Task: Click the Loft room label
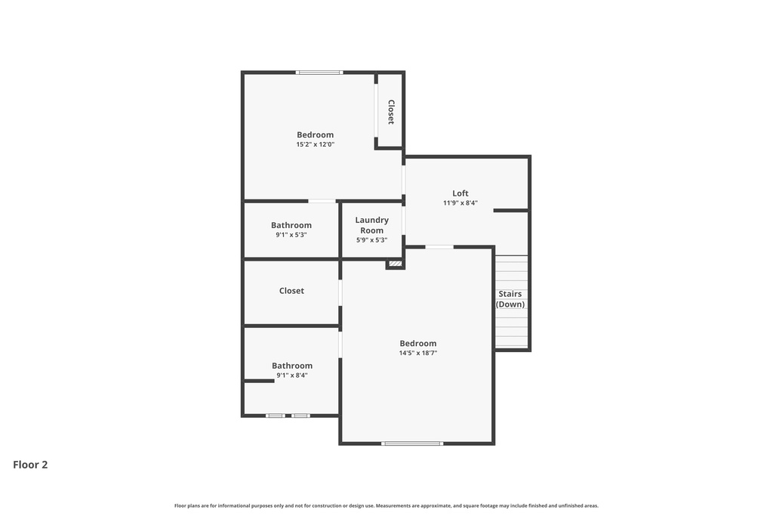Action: [460, 193]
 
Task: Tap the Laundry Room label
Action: [371, 225]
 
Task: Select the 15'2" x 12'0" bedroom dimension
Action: [315, 144]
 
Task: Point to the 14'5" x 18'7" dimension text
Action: [418, 353]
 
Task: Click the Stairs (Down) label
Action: [510, 299]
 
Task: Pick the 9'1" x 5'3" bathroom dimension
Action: [291, 235]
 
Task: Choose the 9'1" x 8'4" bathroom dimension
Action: [292, 375]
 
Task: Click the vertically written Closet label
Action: [391, 112]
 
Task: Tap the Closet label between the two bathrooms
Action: [291, 291]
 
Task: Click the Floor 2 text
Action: [30, 465]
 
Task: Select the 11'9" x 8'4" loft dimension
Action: [460, 202]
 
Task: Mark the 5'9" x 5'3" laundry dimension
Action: [371, 240]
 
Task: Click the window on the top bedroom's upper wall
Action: [319, 73]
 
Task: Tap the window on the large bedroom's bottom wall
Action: [411, 443]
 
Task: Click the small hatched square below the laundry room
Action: [395, 264]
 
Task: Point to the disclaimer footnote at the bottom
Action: [386, 505]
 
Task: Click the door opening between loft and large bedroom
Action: [439, 246]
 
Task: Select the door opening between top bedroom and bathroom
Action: [322, 201]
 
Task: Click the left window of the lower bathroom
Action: [276, 416]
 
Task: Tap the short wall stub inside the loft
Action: [510, 210]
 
